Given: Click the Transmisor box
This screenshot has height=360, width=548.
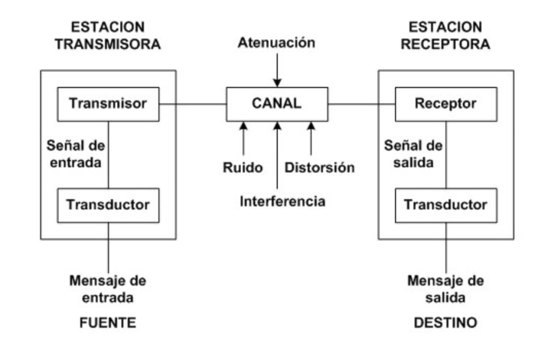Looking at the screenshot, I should [x=107, y=103].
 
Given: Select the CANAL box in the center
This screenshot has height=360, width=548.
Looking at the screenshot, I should [x=277, y=103].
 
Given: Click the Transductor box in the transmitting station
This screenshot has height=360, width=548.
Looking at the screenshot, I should [x=107, y=205].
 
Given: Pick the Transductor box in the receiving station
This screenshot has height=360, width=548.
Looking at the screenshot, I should [x=445, y=205].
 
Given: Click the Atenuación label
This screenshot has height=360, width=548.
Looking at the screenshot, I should [x=277, y=43].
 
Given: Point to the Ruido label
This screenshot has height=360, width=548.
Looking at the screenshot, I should [x=243, y=167].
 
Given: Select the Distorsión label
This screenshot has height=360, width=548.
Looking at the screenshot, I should [x=320, y=167].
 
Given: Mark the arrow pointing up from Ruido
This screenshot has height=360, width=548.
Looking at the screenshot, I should [x=243, y=138].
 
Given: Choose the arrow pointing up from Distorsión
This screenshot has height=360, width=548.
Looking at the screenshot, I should [x=311, y=138].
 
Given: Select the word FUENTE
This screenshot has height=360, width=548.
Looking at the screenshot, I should [x=108, y=323].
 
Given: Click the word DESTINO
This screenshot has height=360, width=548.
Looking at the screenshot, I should [x=446, y=323].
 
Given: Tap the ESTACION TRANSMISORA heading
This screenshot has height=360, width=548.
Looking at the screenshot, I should [x=108, y=35].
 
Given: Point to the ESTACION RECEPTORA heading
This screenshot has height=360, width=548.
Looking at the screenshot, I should [x=446, y=35].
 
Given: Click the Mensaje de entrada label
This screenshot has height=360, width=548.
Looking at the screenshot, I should [x=108, y=289].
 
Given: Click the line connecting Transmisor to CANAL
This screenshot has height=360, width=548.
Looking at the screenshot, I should [x=192, y=103].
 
